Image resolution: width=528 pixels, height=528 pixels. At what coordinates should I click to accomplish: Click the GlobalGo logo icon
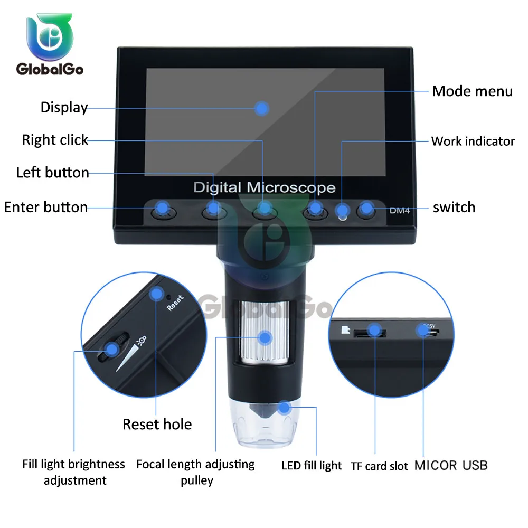pyautogui.click(x=50, y=37)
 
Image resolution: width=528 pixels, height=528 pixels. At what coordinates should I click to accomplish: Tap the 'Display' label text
pyautogui.click(x=64, y=108)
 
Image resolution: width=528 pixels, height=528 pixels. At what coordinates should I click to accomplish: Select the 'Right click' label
pyautogui.click(x=55, y=140)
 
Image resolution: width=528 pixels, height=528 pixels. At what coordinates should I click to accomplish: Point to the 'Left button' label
pyautogui.click(x=52, y=173)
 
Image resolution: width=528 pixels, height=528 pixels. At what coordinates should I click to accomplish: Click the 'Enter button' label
pyautogui.click(x=46, y=207)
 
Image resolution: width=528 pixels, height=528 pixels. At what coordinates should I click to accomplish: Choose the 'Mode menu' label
pyautogui.click(x=472, y=91)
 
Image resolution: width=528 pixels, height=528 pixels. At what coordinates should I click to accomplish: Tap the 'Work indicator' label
pyautogui.click(x=473, y=142)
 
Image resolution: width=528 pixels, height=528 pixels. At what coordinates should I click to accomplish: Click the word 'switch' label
pyautogui.click(x=454, y=208)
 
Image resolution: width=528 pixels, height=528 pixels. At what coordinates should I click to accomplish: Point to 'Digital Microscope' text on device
pyautogui.click(x=264, y=187)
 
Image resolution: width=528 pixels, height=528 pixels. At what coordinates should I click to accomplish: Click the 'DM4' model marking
pyautogui.click(x=400, y=211)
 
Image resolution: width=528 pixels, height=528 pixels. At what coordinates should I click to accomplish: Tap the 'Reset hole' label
pyautogui.click(x=157, y=425)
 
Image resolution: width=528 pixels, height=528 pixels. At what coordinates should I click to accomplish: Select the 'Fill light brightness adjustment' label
pyautogui.click(x=74, y=472)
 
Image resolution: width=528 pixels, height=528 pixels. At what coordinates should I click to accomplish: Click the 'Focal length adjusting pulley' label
pyautogui.click(x=195, y=472)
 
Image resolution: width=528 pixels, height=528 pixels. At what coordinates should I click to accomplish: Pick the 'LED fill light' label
pyautogui.click(x=312, y=466)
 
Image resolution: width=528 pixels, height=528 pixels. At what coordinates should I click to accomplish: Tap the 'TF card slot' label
pyautogui.click(x=379, y=466)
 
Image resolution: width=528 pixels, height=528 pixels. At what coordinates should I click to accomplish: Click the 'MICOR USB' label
pyautogui.click(x=450, y=465)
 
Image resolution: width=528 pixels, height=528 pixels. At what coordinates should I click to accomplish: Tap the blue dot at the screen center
pyautogui.click(x=261, y=109)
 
